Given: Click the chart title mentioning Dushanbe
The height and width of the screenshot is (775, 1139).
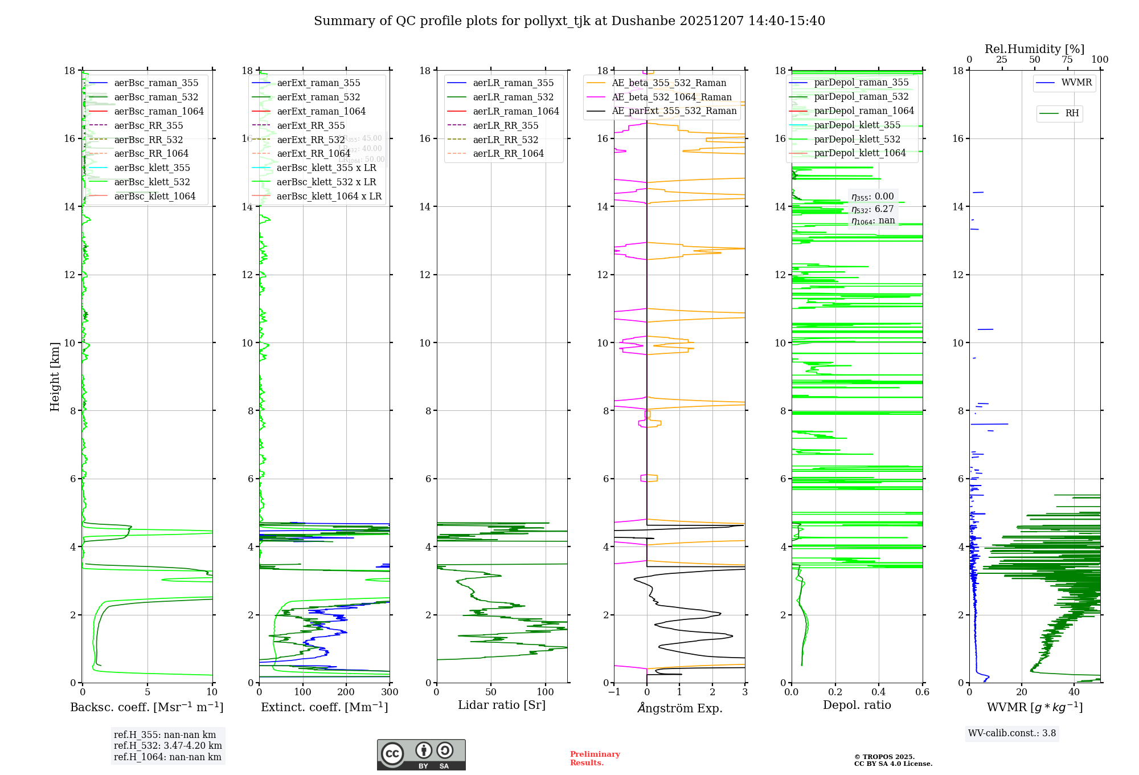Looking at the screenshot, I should coord(569,21).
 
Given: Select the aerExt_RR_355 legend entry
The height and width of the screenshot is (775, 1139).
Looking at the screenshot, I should coord(311,125).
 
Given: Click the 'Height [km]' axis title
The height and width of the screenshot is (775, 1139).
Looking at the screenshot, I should coord(55,376).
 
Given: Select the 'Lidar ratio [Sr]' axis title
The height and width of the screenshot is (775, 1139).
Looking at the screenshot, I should coord(502,705).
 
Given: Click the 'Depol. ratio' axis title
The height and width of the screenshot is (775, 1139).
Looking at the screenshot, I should coord(857,705).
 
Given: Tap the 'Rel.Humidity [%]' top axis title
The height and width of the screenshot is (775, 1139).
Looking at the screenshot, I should coord(1034,49).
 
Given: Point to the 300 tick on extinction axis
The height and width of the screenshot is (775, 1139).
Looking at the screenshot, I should coord(390,692).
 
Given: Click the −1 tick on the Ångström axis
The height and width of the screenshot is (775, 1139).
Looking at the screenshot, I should coord(614,692).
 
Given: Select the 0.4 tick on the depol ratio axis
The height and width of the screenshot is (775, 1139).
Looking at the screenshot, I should coord(879,692).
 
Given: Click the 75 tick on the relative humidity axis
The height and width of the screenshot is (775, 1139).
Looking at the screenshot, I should coord(1067,60).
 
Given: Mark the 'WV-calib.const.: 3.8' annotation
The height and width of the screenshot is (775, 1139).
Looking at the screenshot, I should coord(1012,733).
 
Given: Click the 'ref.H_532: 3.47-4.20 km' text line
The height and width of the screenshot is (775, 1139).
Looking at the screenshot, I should coord(167,746).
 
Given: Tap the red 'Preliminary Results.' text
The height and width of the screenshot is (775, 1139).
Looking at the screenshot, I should coord(595,758).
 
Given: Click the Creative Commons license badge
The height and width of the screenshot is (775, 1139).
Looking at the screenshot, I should coord(421,755).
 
